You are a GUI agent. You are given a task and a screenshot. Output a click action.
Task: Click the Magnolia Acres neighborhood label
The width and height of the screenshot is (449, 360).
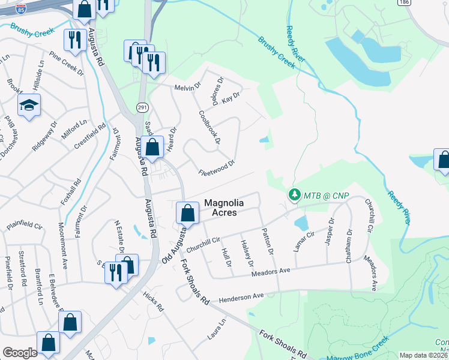click(229, 208)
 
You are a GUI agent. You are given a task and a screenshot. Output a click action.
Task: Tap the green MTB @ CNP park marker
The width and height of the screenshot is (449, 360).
click(294, 195)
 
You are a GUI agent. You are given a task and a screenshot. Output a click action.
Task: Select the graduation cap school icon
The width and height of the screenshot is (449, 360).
click(28, 106)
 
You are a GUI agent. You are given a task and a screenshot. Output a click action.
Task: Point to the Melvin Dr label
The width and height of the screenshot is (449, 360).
click(187, 88)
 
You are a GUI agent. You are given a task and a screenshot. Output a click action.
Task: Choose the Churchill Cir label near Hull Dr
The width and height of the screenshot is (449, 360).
click(204, 245)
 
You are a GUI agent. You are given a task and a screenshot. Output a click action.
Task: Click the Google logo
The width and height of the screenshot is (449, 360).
click(20, 353)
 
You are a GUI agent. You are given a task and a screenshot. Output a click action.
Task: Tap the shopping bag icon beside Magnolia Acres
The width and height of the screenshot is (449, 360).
click(188, 213)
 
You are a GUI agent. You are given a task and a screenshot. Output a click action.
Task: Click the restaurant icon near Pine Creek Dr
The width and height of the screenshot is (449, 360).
click(74, 40)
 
